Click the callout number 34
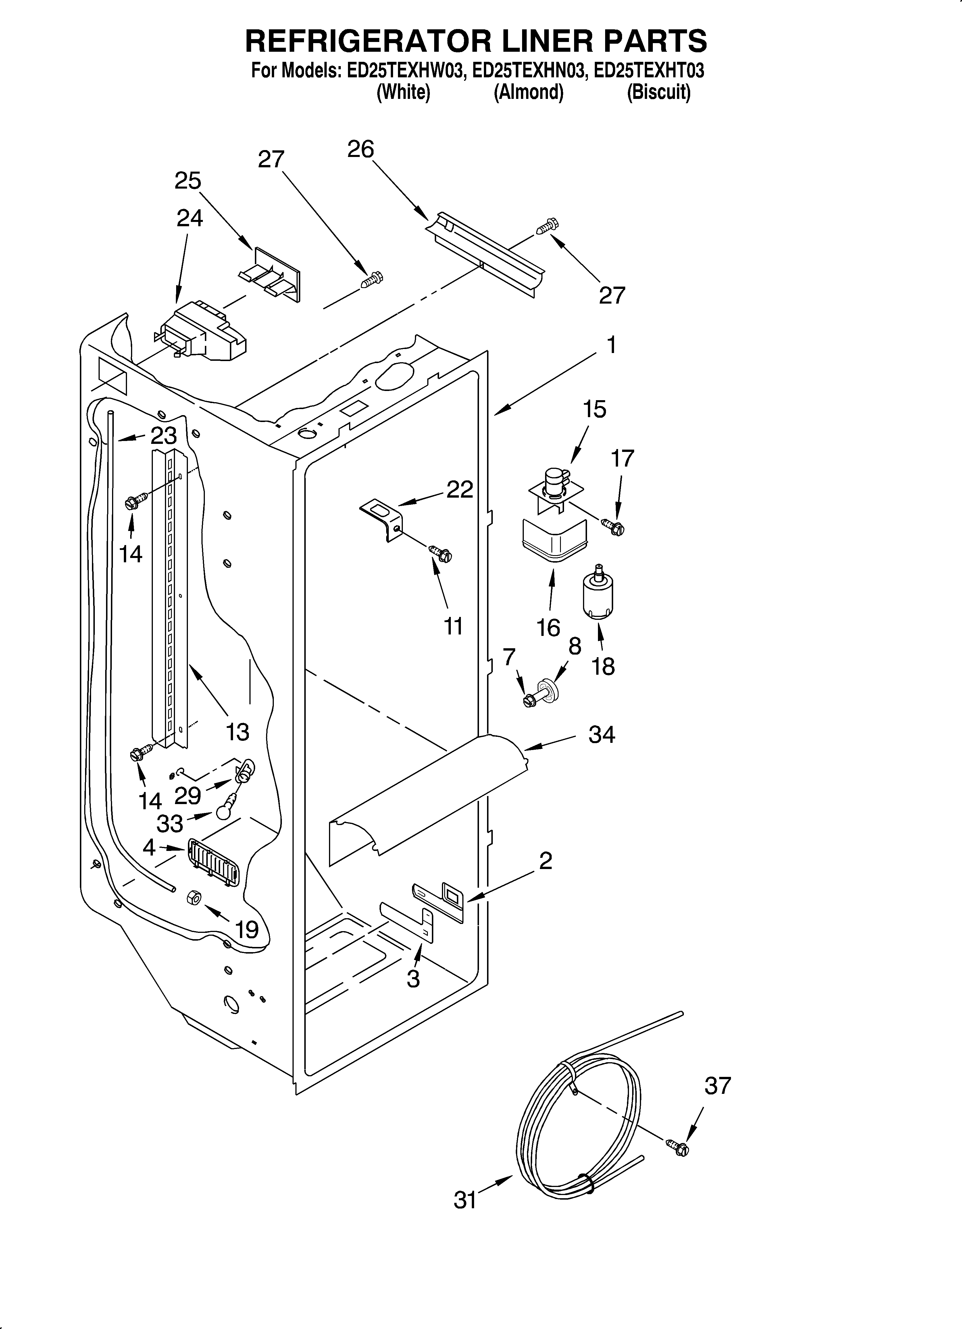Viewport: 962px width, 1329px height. click(x=602, y=734)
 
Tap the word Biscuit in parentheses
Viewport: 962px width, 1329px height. click(x=659, y=93)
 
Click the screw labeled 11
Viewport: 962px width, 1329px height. click(x=440, y=553)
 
